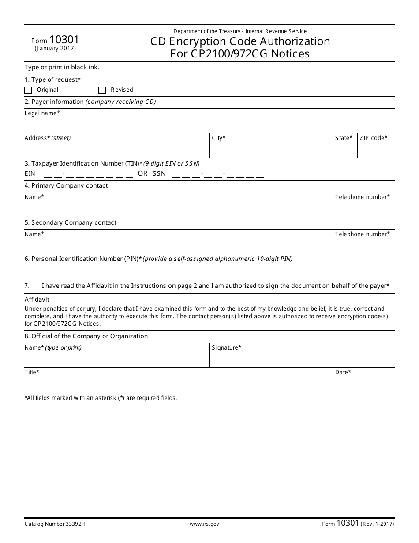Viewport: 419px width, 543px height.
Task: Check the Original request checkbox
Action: click(28, 90)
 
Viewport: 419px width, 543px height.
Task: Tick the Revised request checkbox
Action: click(102, 90)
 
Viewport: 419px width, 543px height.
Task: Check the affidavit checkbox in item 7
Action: click(36, 286)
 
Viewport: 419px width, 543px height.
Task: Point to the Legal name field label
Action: click(42, 113)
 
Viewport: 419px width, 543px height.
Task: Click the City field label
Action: click(219, 138)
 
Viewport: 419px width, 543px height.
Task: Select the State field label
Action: click(344, 138)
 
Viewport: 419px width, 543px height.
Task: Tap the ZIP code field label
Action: click(373, 138)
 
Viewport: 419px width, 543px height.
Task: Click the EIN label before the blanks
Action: click(30, 174)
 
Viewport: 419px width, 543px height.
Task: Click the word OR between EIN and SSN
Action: click(142, 173)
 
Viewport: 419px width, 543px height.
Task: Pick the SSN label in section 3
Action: click(159, 174)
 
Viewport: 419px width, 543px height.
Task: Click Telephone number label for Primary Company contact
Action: click(362, 197)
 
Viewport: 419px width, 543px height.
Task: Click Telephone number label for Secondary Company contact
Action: click(362, 234)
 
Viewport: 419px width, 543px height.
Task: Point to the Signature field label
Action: click(226, 348)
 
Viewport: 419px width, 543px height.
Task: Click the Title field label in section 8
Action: click(32, 373)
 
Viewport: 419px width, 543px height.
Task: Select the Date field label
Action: click(343, 373)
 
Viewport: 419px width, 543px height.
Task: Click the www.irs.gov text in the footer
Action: click(204, 524)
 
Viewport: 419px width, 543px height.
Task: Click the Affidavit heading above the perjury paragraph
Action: click(37, 300)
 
